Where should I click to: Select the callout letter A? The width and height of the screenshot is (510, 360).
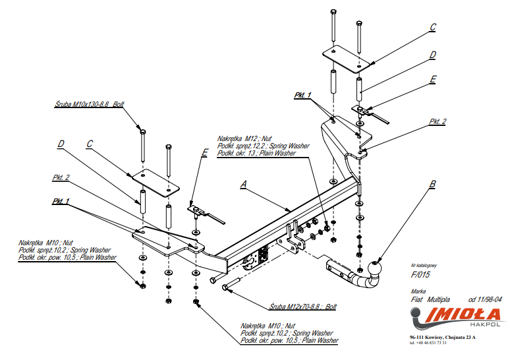coord(244,185)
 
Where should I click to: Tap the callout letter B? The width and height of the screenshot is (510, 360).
coord(432,185)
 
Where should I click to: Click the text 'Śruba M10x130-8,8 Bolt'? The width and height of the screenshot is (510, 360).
coord(89,104)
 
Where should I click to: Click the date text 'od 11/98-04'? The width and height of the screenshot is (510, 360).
coord(486,299)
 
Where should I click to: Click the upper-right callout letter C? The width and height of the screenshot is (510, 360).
coord(433,27)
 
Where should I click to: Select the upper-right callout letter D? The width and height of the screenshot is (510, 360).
coord(433,55)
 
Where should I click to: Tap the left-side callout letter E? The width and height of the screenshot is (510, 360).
coord(205,152)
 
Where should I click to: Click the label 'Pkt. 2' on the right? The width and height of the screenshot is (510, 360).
coord(438,121)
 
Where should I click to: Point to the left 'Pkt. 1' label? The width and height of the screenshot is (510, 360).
coord(61,200)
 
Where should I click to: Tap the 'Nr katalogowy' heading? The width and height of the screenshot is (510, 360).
coord(424,265)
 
